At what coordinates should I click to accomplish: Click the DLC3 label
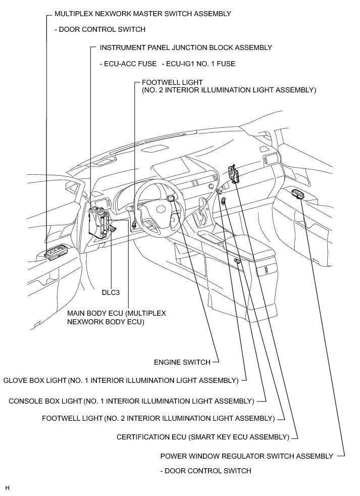[111, 292]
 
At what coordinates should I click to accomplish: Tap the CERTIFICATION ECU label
[202, 437]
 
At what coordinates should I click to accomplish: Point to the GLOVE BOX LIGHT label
[121, 380]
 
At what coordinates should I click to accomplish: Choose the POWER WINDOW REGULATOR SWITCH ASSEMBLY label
[246, 456]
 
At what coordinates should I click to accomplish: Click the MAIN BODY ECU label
[116, 317]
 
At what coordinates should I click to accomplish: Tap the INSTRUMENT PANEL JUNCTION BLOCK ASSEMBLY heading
[186, 47]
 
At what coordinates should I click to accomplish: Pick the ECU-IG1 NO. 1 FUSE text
[198, 64]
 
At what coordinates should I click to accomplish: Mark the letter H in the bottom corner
[7, 488]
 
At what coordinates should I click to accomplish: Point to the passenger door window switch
[296, 193]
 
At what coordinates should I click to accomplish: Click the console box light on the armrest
[237, 261]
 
